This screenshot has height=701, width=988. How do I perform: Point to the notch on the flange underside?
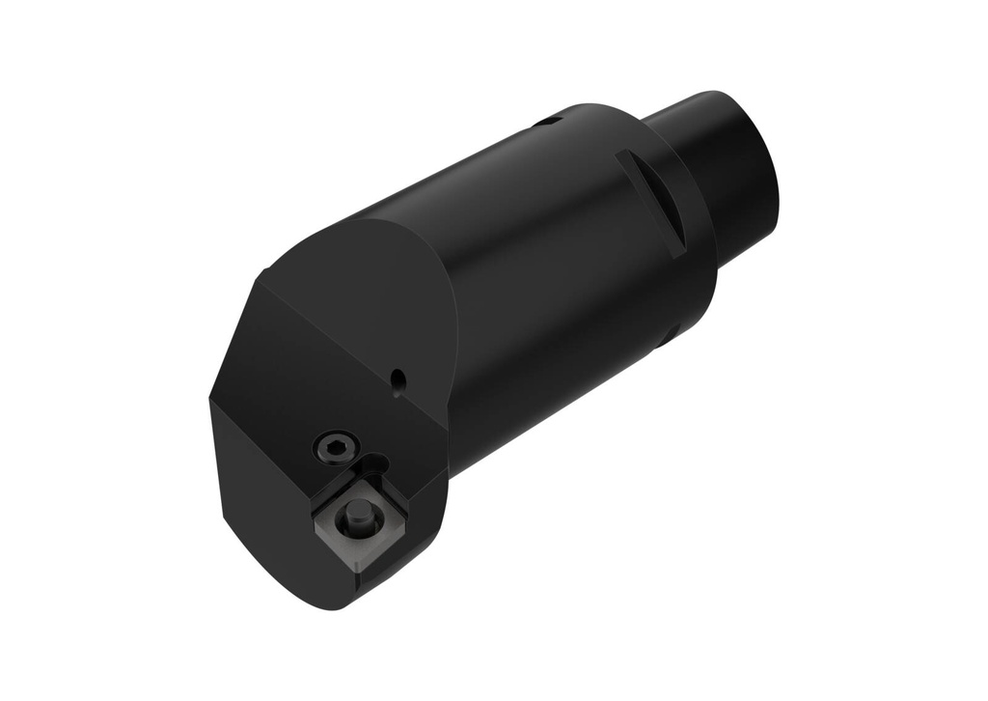pos(668,335)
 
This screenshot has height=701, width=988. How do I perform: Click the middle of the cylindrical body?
pos(540,280)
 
